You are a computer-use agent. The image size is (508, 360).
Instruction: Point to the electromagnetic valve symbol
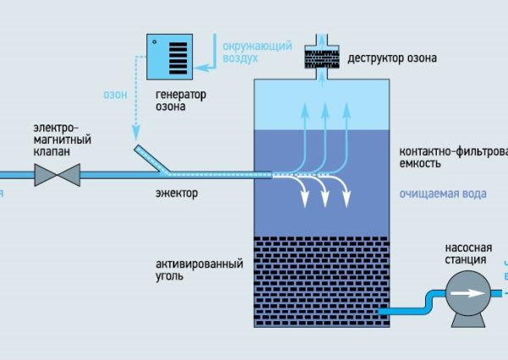(x=56, y=174)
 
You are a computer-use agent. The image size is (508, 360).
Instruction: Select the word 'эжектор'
(x=176, y=194)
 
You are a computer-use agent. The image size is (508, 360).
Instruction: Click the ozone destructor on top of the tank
(x=322, y=56)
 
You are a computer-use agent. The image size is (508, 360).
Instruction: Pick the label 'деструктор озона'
(x=392, y=59)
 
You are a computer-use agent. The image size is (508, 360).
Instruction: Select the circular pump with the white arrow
(x=466, y=291)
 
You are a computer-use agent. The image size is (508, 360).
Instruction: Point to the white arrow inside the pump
(x=466, y=291)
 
